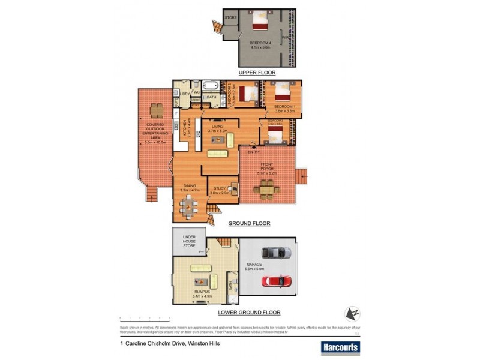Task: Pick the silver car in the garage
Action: (x=276, y=253)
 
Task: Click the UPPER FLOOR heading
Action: (x=257, y=73)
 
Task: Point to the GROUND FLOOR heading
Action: (x=249, y=223)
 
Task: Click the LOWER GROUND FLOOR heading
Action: (x=254, y=313)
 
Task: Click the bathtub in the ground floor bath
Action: (x=211, y=87)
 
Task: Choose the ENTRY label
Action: (x=254, y=152)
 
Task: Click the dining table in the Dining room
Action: (x=190, y=208)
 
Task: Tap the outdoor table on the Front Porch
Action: (x=266, y=190)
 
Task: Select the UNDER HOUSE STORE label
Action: (x=188, y=241)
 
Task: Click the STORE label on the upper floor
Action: (x=232, y=18)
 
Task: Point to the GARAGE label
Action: (x=254, y=265)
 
